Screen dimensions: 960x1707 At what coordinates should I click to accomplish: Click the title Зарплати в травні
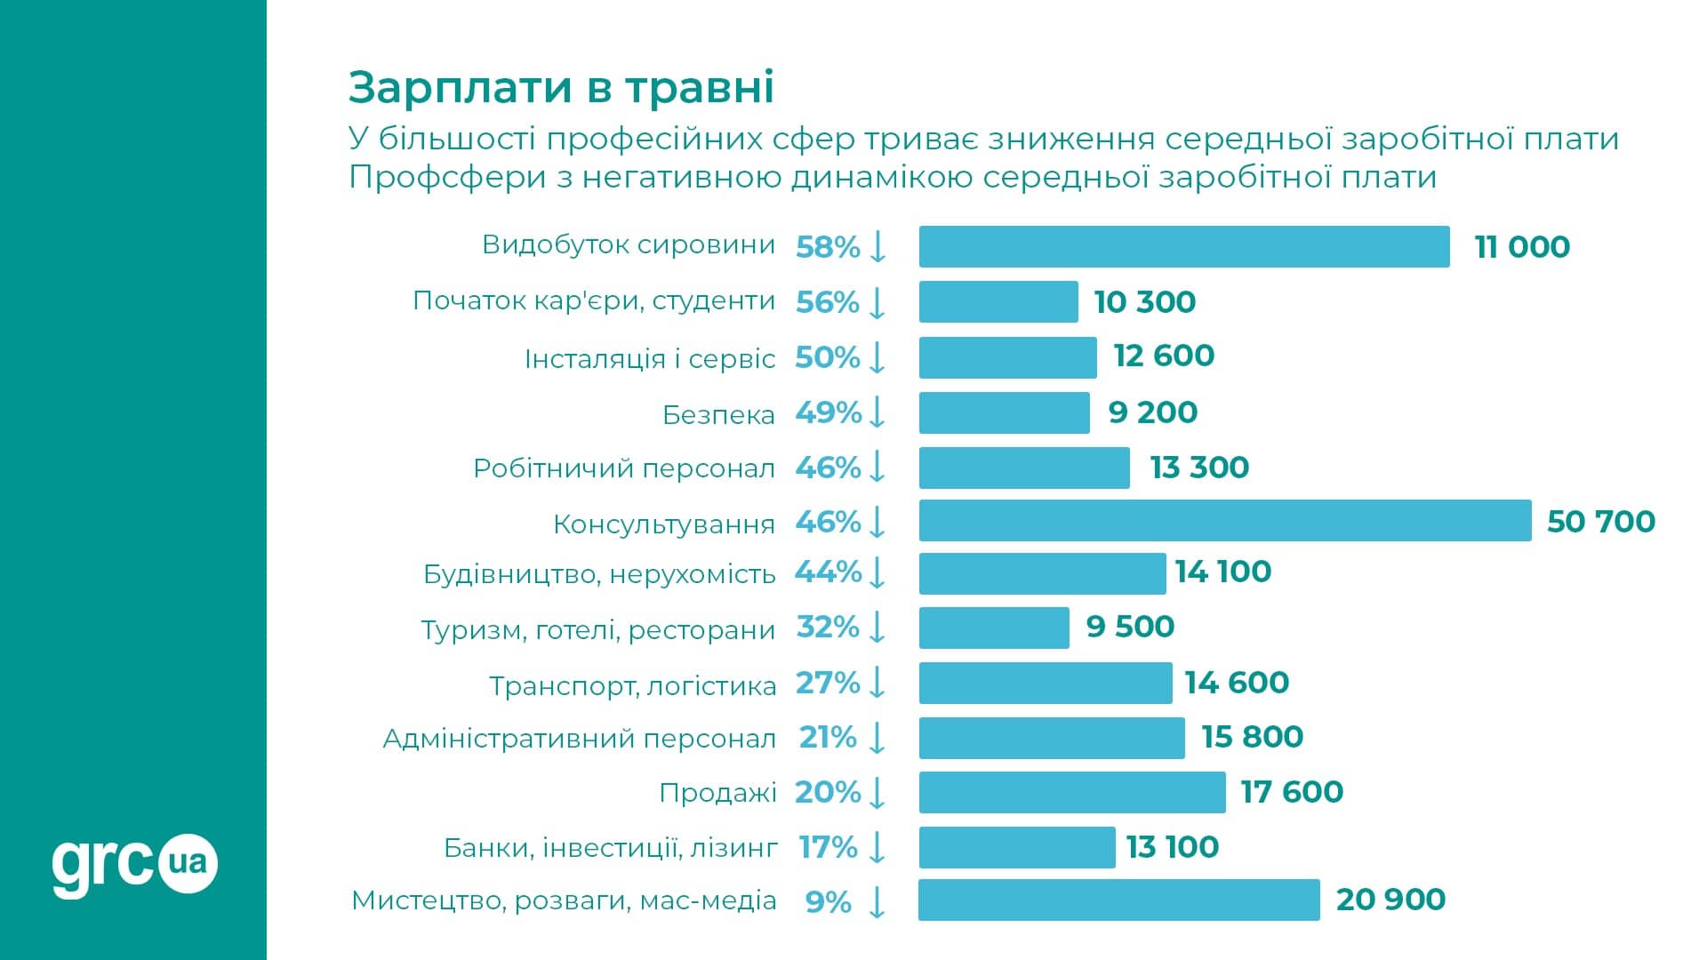tap(561, 87)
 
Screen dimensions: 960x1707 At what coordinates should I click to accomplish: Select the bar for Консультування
tap(1224, 521)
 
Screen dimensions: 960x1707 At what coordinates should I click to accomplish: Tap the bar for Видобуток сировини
tap(1183, 246)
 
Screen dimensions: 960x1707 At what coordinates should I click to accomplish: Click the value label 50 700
tap(1600, 522)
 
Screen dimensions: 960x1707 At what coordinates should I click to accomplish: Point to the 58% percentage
tap(828, 247)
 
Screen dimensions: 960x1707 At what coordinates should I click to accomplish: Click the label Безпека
tap(718, 415)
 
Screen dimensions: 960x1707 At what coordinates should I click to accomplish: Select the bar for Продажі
tap(1071, 792)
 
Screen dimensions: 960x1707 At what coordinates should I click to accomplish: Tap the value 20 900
tap(1390, 900)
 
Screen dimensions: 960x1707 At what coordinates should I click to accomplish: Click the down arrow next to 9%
tap(877, 901)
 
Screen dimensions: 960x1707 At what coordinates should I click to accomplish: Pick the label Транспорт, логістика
tap(632, 686)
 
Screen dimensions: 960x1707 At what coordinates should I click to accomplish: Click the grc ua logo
tap(134, 864)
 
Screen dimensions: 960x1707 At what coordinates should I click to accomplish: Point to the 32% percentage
tap(828, 628)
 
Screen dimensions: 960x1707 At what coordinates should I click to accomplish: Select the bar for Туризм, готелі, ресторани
tap(993, 628)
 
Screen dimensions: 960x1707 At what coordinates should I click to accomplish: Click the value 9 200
tap(1152, 412)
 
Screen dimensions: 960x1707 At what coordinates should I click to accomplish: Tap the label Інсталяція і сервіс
tap(649, 359)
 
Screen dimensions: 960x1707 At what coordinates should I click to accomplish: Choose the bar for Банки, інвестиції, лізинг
tap(1016, 847)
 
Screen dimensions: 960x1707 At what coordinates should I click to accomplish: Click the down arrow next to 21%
tap(877, 738)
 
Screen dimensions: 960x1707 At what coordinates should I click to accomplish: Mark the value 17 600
tap(1291, 792)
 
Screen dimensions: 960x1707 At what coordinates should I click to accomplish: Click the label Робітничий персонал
tap(623, 468)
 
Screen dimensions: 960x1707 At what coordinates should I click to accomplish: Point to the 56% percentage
tap(828, 302)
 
